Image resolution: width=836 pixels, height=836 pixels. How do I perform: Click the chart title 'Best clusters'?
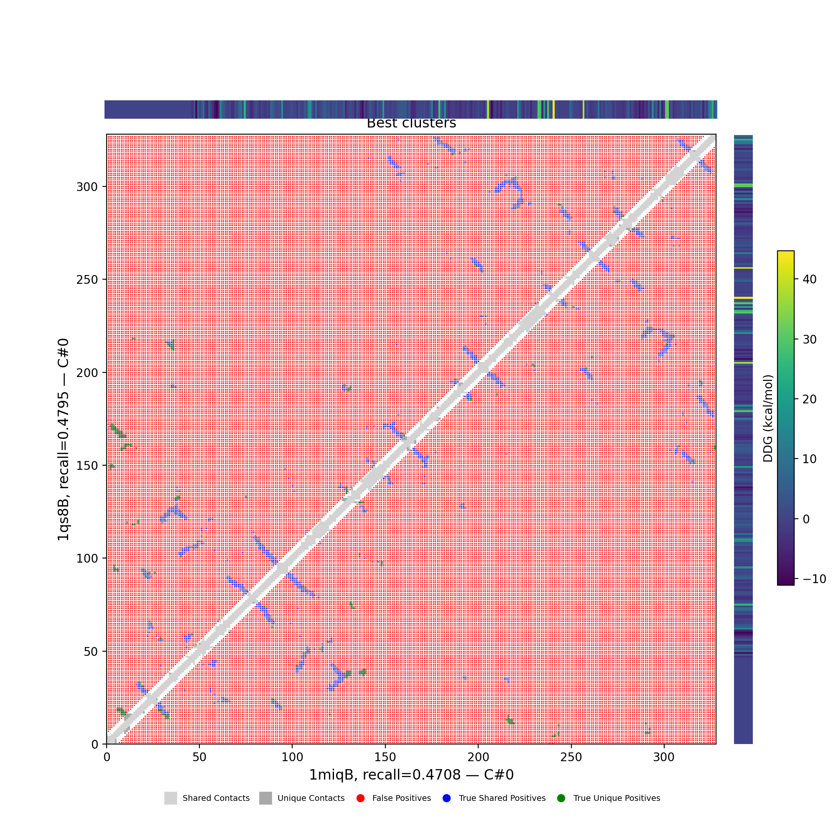pos(411,123)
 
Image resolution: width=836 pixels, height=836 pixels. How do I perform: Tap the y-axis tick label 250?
pos(87,280)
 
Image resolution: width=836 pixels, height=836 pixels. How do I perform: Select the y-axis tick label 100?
pos(87,558)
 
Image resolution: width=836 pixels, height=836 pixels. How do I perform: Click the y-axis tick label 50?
pos(90,651)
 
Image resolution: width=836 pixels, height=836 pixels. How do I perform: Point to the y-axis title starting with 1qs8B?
pos(63,439)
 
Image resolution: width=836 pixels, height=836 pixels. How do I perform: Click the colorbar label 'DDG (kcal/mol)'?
pos(768,418)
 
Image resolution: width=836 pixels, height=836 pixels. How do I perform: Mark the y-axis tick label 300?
pos(87,186)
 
